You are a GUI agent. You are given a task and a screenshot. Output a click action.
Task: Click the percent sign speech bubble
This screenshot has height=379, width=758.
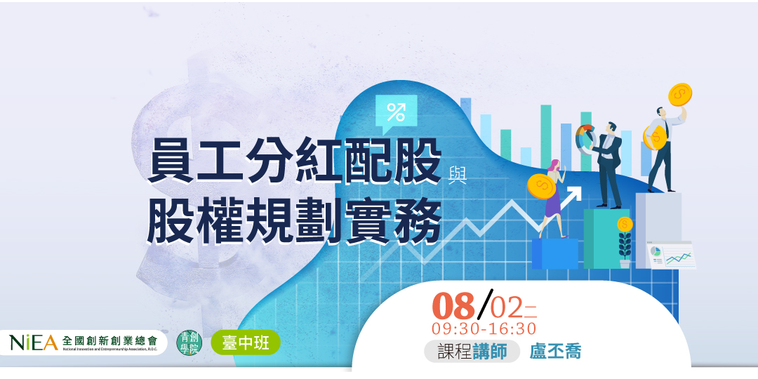click(396, 112)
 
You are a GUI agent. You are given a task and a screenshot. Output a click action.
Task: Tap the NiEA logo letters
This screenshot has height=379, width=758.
click(33, 343)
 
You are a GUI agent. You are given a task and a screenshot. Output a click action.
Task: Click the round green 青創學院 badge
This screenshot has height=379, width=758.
click(187, 343)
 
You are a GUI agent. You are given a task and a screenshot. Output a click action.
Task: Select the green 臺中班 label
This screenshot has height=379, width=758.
click(245, 343)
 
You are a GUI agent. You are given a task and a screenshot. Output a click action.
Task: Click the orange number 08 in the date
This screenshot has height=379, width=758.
click(454, 307)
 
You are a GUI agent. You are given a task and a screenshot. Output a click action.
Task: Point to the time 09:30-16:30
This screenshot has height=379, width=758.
click(484, 328)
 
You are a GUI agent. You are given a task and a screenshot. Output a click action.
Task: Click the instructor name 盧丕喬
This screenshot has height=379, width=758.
click(555, 352)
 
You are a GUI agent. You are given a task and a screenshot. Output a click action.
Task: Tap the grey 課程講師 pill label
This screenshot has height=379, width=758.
click(472, 352)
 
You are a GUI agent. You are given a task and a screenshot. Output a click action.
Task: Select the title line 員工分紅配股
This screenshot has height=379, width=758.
click(295, 161)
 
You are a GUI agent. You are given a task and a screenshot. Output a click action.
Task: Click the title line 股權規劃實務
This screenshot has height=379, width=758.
click(295, 221)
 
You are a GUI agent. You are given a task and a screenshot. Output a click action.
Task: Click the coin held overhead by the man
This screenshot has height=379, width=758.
click(680, 94)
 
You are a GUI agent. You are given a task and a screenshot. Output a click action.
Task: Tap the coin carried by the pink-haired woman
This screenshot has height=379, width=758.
click(540, 186)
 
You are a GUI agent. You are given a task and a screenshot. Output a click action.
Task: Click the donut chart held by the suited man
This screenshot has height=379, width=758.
click(585, 138)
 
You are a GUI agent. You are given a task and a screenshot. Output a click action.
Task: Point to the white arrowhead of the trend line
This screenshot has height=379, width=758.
click(575, 193)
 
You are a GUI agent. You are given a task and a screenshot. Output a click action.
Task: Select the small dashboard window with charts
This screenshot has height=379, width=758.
click(671, 254)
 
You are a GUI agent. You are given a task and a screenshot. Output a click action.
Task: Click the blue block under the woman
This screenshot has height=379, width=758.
click(554, 253)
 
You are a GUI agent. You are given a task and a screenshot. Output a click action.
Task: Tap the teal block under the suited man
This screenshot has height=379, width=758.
click(607, 238)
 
